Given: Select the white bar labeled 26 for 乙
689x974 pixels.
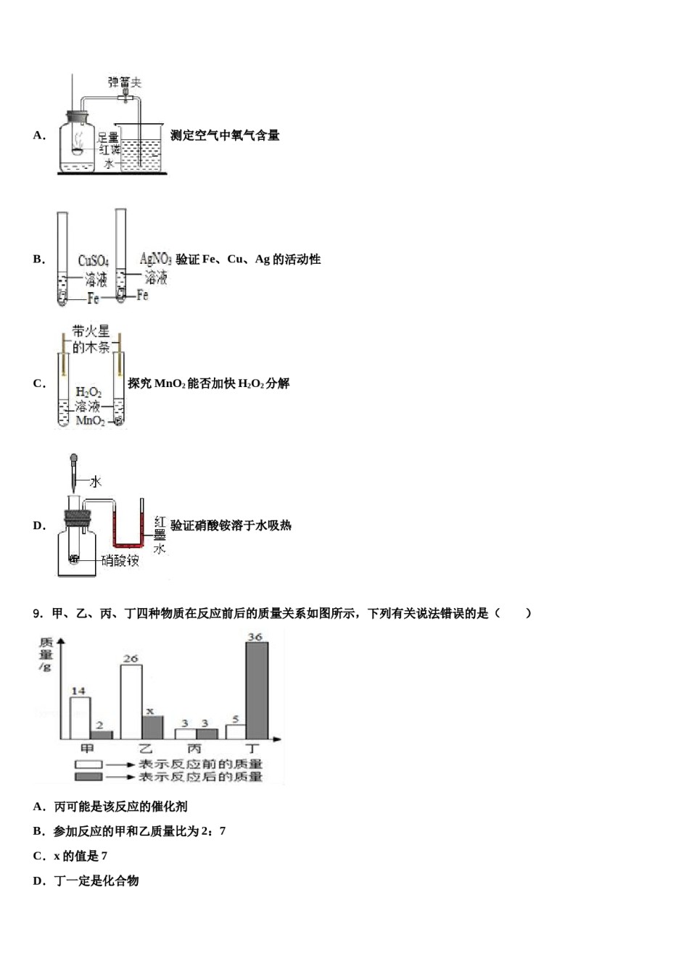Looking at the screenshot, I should coord(131,701).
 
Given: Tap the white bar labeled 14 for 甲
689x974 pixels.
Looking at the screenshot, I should coord(80,717).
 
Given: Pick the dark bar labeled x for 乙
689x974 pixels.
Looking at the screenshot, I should coord(152,728).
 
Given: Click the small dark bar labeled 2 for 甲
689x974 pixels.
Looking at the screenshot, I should coord(101,735).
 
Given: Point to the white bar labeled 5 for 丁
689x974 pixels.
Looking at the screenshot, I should coord(236,731).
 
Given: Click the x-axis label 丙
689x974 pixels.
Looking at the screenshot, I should coord(194,749).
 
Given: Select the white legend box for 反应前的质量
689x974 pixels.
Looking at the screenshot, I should coord(89,764).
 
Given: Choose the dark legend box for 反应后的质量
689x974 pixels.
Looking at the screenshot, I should coord(89,776).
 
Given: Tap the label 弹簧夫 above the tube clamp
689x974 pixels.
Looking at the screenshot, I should coord(124,83).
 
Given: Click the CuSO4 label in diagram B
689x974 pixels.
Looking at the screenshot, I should coord(94,261).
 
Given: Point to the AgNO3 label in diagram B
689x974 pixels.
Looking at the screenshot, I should coord(155,259).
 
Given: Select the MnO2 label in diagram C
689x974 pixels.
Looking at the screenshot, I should coord(90,421).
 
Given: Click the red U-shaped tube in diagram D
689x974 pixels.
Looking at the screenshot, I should coord(128,542).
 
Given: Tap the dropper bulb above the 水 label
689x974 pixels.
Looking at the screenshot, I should coord(73,459).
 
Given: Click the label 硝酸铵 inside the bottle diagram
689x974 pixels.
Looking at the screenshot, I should coord(120,560).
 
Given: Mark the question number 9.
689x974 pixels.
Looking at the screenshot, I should coord(38,614).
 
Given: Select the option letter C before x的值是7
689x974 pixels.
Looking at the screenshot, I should coord(38,856).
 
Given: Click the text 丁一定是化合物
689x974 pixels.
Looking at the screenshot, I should coord(96,881).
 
